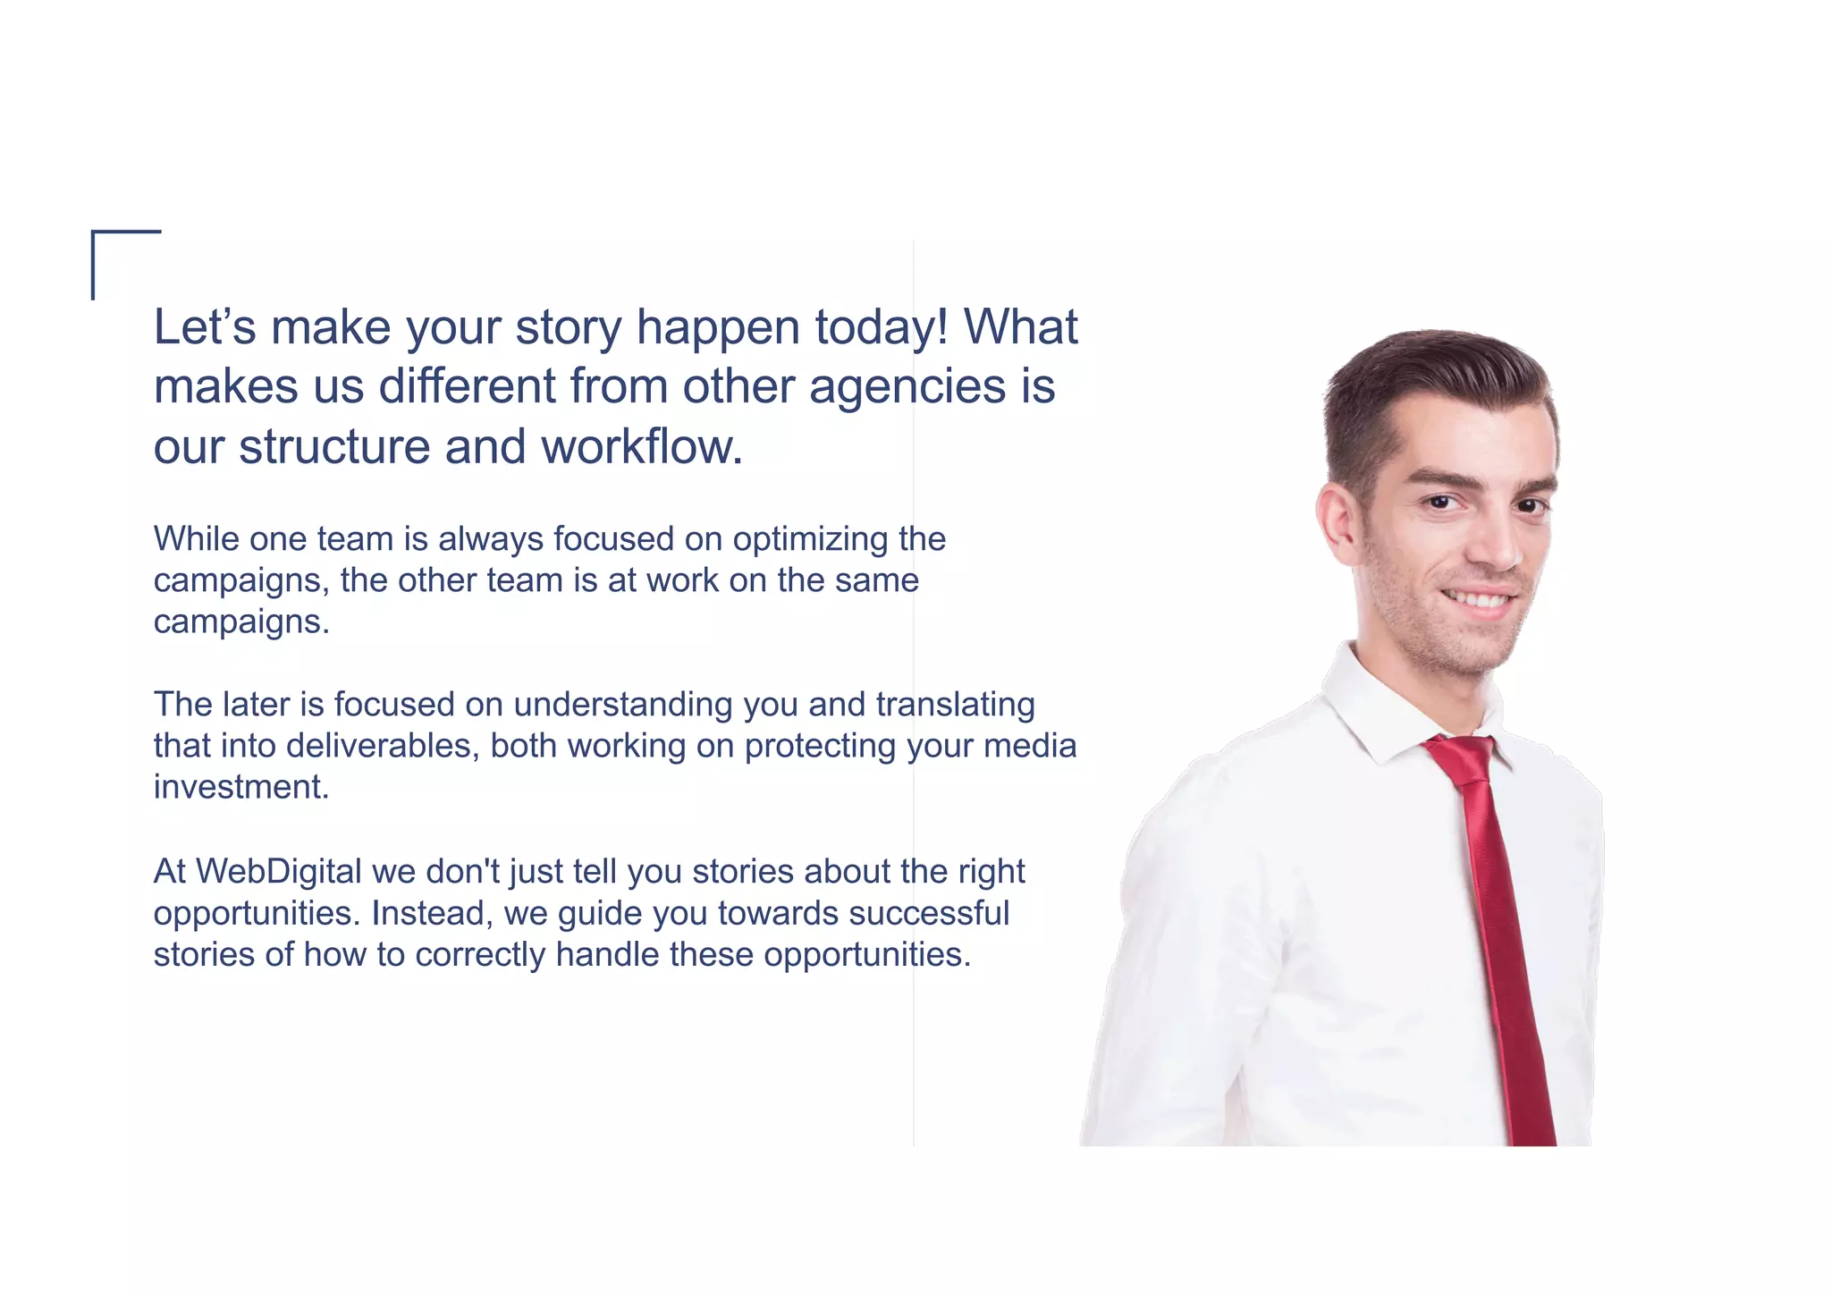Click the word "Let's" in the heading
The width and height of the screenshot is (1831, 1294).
[x=205, y=327]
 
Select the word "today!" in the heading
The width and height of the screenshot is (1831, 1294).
[x=882, y=327]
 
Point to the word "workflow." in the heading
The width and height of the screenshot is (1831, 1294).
[x=642, y=447]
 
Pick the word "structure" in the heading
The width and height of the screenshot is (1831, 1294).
[x=335, y=447]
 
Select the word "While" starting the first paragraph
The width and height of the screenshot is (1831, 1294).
[x=197, y=539]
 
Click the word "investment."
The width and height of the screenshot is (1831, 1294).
[x=241, y=787]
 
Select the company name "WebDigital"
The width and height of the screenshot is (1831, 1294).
[x=278, y=872]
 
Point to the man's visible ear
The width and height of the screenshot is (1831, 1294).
[x=1337, y=523]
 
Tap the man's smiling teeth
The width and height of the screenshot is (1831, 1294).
[x=1479, y=599]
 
